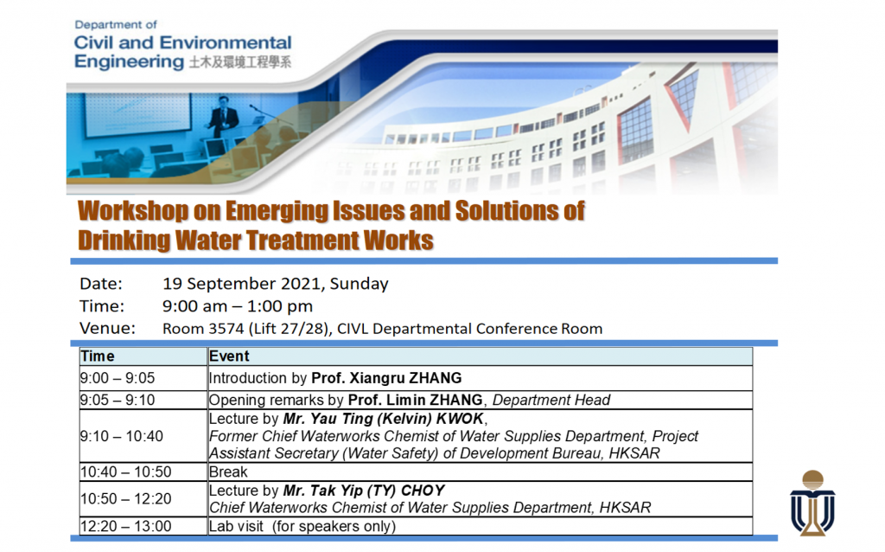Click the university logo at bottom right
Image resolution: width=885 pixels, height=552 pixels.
[812, 503]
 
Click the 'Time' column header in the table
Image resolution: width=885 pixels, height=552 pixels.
[97, 356]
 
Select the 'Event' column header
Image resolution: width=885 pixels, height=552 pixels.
[229, 356]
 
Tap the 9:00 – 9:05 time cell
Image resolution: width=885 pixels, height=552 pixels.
[118, 378]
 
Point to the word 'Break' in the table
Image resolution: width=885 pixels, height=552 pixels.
[228, 472]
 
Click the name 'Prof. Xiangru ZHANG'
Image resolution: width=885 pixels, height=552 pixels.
[386, 378]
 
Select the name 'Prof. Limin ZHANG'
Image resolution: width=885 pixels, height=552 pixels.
[416, 400]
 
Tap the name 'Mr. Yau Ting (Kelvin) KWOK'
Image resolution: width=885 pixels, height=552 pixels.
[383, 419]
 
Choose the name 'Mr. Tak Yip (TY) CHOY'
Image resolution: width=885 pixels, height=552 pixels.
[364, 491]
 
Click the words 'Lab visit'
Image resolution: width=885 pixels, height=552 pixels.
[237, 527]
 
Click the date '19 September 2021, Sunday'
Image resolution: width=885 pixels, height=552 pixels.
[276, 284]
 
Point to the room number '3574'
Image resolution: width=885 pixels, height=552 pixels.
[226, 329]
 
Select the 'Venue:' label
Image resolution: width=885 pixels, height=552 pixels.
[108, 328]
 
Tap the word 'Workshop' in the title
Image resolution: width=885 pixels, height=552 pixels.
[133, 212]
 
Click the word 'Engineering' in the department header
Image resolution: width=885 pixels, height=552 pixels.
[130, 61]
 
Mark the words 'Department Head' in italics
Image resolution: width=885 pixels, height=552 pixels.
[551, 400]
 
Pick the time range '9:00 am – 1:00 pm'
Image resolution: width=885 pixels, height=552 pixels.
[238, 306]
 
